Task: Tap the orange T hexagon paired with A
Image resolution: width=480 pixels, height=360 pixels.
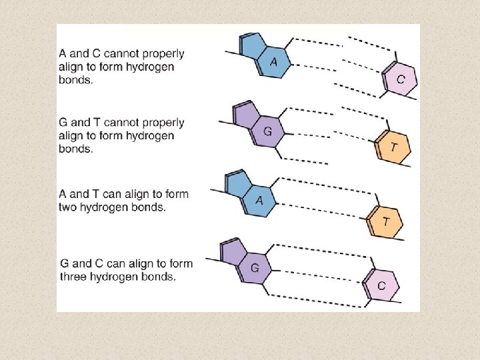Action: click(x=385, y=221)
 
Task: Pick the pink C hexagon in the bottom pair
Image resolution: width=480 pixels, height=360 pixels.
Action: click(x=381, y=285)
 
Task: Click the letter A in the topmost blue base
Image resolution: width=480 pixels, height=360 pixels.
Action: click(x=273, y=62)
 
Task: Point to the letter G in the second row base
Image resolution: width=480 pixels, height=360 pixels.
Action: click(x=267, y=131)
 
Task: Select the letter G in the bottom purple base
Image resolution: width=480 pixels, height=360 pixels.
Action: click(x=255, y=268)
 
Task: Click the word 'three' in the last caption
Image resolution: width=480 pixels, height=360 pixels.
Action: click(x=74, y=277)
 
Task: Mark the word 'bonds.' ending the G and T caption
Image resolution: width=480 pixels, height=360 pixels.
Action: click(x=75, y=149)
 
